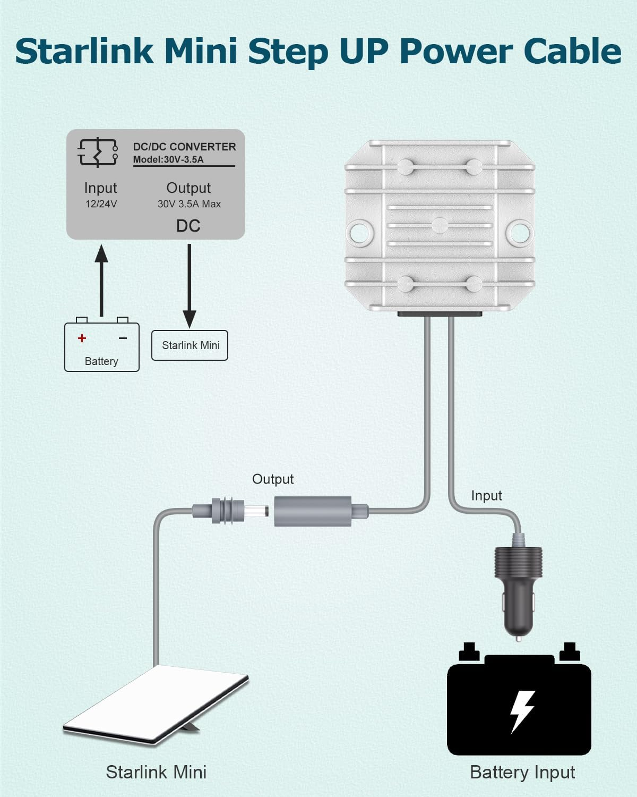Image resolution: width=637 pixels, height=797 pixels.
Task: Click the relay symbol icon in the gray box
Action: click(98, 152)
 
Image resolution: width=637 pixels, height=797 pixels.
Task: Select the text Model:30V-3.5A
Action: click(168, 159)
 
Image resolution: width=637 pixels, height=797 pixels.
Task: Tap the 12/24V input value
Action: click(101, 204)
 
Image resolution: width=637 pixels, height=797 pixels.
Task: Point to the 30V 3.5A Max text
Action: click(189, 204)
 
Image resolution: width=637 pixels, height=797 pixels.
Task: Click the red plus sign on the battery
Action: click(82, 338)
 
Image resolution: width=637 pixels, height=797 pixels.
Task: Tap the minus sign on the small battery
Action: click(123, 338)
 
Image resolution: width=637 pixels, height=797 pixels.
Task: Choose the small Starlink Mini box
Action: click(190, 345)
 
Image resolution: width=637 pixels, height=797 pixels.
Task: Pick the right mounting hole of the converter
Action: click(520, 231)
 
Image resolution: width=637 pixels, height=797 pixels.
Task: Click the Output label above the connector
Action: click(273, 479)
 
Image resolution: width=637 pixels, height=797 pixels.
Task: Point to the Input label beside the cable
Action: click(486, 496)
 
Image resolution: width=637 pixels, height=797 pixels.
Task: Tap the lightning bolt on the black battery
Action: click(521, 711)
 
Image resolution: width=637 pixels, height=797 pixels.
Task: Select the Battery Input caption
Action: click(522, 772)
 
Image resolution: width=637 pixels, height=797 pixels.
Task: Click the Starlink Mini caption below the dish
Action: click(156, 772)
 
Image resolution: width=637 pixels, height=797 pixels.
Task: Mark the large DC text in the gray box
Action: click(188, 226)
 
